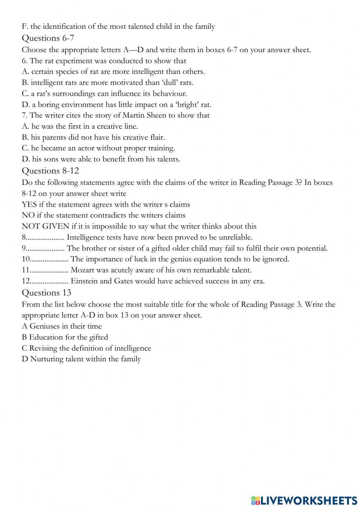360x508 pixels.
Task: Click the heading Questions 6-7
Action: (x=48, y=38)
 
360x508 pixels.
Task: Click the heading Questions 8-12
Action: (x=50, y=170)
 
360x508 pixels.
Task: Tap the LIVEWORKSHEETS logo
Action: (x=304, y=500)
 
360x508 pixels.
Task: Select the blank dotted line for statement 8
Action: (x=45, y=238)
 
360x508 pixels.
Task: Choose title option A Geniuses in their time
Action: (x=62, y=326)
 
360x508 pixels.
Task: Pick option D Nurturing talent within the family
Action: (x=81, y=359)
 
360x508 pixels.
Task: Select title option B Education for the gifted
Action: (x=65, y=337)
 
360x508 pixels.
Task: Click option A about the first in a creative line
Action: (x=80, y=126)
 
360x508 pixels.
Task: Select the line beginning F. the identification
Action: (x=118, y=26)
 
